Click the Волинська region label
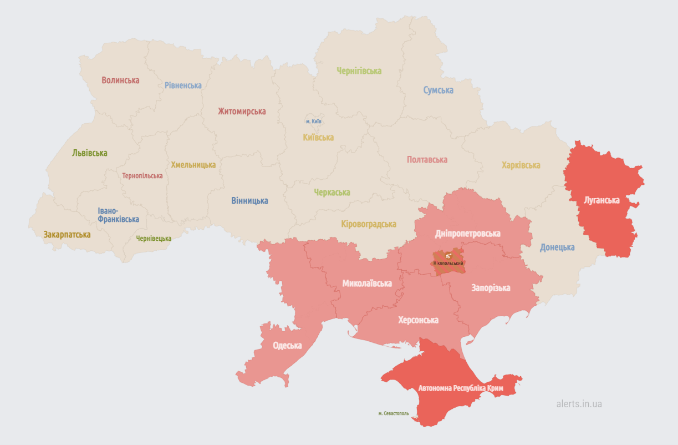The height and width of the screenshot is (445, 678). point(120,80)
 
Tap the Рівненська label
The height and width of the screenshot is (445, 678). point(183,85)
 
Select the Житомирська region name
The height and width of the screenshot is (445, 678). point(241,111)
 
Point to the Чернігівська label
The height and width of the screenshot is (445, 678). point(359,70)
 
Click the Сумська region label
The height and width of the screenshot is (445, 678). point(438,90)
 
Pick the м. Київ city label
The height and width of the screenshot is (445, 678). point(314,121)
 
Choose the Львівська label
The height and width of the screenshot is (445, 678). point(90,153)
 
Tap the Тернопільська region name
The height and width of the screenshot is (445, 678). point(142,175)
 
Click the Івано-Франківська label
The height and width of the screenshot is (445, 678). point(118,215)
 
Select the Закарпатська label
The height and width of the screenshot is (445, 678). point(67,234)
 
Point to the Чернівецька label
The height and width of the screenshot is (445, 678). point(154,238)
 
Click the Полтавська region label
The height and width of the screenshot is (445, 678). point(427,159)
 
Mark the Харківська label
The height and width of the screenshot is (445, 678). point(521,165)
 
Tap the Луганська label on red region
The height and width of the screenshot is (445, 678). point(601,200)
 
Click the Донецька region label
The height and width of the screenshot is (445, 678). point(557,247)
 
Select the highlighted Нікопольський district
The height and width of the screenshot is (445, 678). point(448,261)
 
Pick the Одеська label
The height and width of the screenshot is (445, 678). point(287,345)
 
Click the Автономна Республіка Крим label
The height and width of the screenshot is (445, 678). point(461,388)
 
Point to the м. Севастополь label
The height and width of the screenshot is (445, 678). point(394,413)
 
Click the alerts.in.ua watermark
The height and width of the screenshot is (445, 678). point(579,403)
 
